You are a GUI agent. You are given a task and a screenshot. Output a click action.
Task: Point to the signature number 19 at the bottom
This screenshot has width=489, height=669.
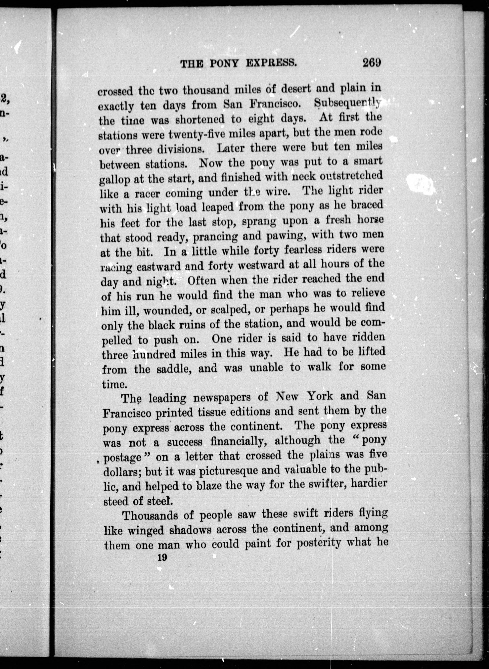[x=162, y=557]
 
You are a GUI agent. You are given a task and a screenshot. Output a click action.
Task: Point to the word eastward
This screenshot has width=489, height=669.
[x=158, y=266]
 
